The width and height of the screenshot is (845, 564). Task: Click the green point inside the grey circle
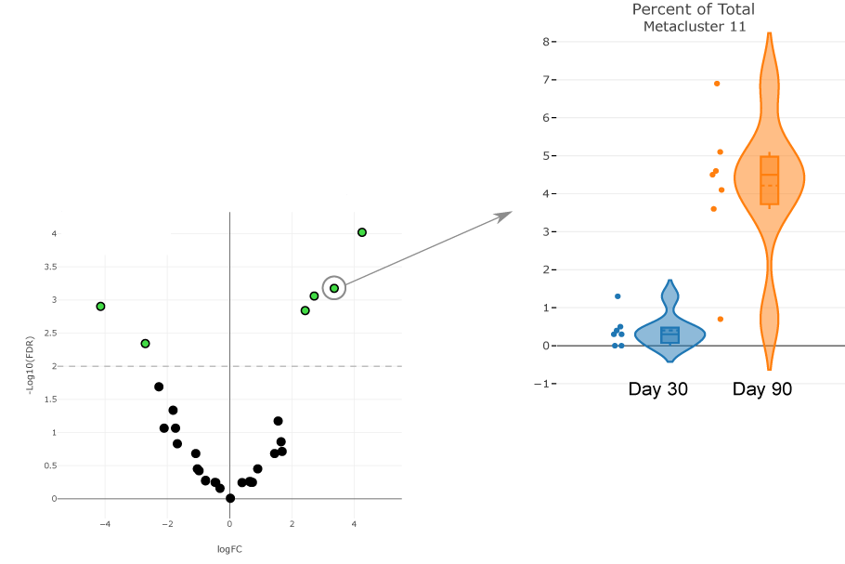pyautogui.click(x=334, y=288)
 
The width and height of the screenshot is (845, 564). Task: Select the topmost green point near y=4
pyautogui.click(x=362, y=232)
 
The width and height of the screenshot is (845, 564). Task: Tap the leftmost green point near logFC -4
pyautogui.click(x=101, y=306)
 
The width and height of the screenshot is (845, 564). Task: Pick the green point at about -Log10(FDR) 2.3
pyautogui.click(x=145, y=344)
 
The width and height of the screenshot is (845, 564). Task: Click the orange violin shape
pyautogui.click(x=769, y=186)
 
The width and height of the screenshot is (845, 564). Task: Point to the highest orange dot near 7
pyautogui.click(x=717, y=84)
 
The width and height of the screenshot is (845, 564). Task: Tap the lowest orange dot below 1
pyautogui.click(x=721, y=320)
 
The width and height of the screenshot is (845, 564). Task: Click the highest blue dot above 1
pyautogui.click(x=617, y=296)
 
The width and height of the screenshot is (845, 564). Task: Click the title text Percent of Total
pyautogui.click(x=693, y=10)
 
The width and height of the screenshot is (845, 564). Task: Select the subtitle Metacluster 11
pyautogui.click(x=695, y=27)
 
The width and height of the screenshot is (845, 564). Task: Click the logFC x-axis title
pyautogui.click(x=229, y=549)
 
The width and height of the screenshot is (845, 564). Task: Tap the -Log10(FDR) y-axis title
pyautogui.click(x=31, y=366)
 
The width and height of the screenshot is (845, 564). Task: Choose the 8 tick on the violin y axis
pyautogui.click(x=547, y=42)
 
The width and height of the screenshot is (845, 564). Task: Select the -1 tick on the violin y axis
pyautogui.click(x=545, y=384)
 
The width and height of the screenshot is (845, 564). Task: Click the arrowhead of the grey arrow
pyautogui.click(x=504, y=216)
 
